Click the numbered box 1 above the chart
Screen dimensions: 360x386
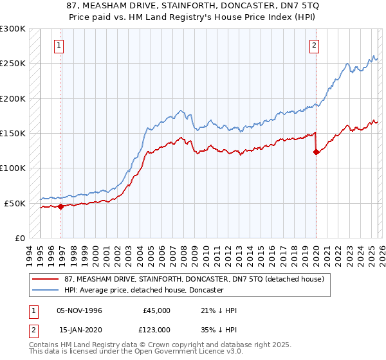pos(59,45)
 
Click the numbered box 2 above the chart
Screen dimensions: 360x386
pos(314,45)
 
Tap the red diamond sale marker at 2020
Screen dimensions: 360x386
pos(316,152)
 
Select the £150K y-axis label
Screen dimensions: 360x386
pos(13,133)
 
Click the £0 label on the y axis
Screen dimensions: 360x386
pos(20,238)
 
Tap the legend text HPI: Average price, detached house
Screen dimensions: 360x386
pos(143,290)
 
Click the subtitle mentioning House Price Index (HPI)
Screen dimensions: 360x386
pos(193,17)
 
